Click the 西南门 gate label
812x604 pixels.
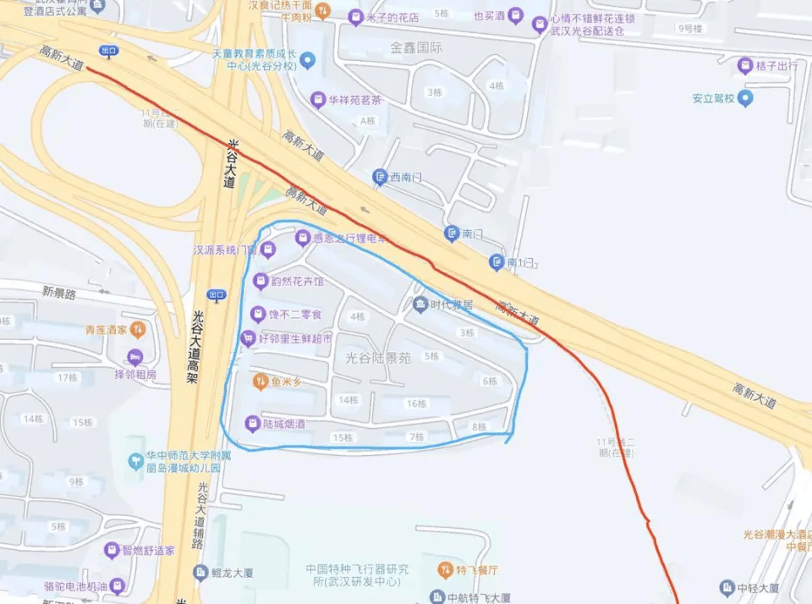tap(405, 178)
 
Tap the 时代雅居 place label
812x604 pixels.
tap(451, 305)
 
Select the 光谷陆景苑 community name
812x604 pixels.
tap(378, 358)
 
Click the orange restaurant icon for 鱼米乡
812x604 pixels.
tap(261, 382)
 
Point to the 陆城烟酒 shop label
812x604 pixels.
tap(283, 423)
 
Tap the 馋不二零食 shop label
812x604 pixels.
tap(294, 315)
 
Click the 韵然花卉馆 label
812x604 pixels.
tap(297, 281)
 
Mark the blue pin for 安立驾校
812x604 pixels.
tap(744, 97)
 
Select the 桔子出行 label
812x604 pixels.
tap(776, 64)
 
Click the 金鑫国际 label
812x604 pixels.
tap(416, 47)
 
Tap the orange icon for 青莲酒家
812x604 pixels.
tap(138, 329)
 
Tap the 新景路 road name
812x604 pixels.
tap(58, 293)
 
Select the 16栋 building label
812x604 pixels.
tap(416, 404)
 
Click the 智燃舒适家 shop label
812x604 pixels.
tap(148, 551)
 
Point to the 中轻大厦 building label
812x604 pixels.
tap(757, 587)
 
